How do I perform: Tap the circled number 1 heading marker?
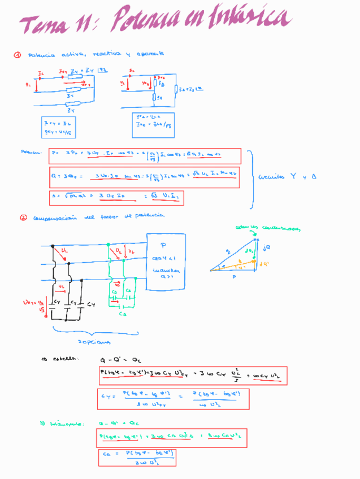pos(18,55)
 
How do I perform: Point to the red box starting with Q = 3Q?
pos(144,177)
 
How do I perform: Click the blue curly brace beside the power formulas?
pos(250,176)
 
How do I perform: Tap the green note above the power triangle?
pos(268,228)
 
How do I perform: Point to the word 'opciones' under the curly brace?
pos(93,342)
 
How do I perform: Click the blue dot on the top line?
pos(53,246)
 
